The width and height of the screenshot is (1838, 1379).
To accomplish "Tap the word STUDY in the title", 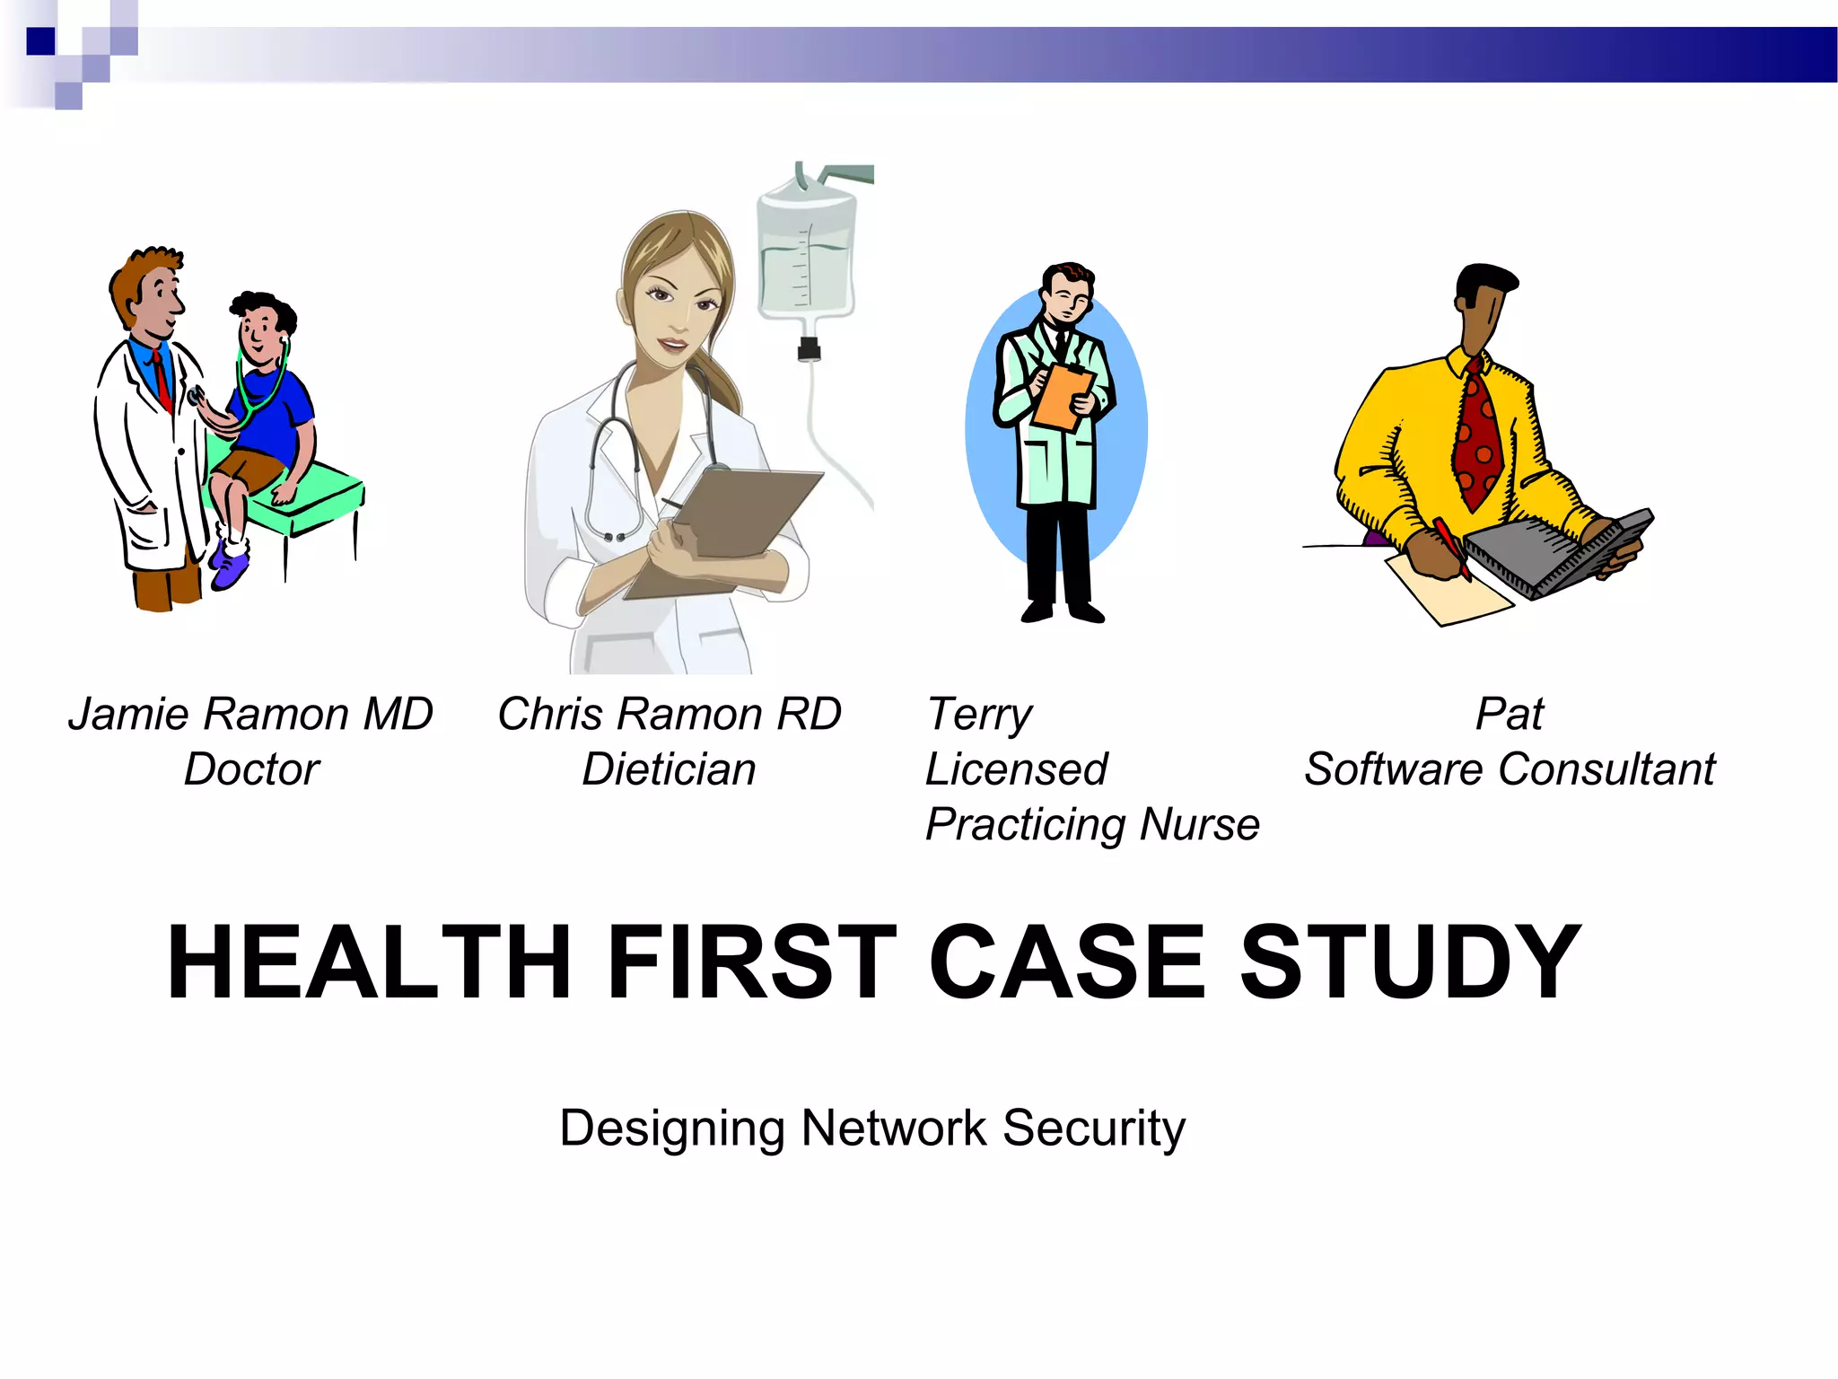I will (1410, 962).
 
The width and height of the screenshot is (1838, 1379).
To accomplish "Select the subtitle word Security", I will (1094, 1129).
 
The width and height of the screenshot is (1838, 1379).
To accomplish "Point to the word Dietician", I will (669, 770).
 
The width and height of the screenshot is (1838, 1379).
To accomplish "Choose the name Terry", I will (979, 716).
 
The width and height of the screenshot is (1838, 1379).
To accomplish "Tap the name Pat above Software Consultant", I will (1510, 715).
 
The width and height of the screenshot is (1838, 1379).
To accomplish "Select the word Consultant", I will (1606, 770).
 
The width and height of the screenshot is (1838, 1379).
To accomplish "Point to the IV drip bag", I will (805, 251).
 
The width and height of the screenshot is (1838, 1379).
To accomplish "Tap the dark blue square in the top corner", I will (40, 41).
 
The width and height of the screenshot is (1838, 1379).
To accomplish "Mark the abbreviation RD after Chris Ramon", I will (809, 715).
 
